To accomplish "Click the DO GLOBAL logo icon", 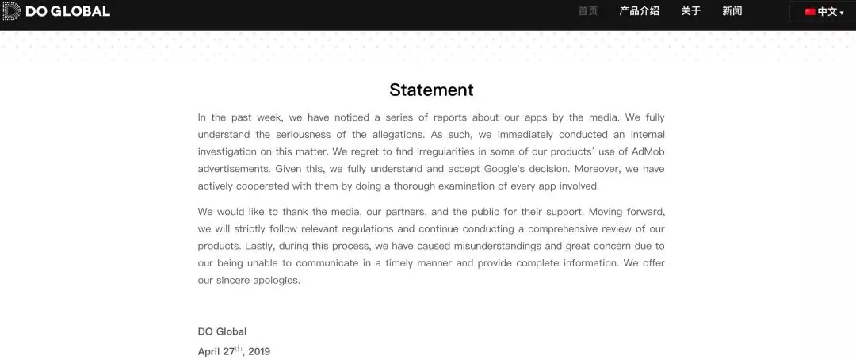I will click(11, 11).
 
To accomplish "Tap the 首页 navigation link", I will click(588, 11).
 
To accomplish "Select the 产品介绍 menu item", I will click(639, 11).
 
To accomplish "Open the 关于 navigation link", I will click(691, 11).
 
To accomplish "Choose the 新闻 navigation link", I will click(732, 11).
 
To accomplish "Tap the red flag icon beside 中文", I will click(810, 12).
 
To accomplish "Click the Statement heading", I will click(431, 90).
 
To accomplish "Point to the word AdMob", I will click(648, 151).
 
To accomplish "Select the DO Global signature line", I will click(222, 331).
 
